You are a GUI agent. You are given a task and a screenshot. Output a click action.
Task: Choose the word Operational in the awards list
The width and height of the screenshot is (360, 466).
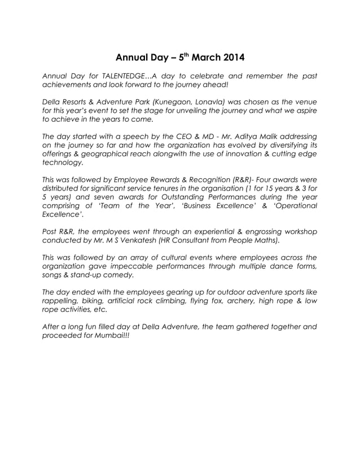coord(293,206)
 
